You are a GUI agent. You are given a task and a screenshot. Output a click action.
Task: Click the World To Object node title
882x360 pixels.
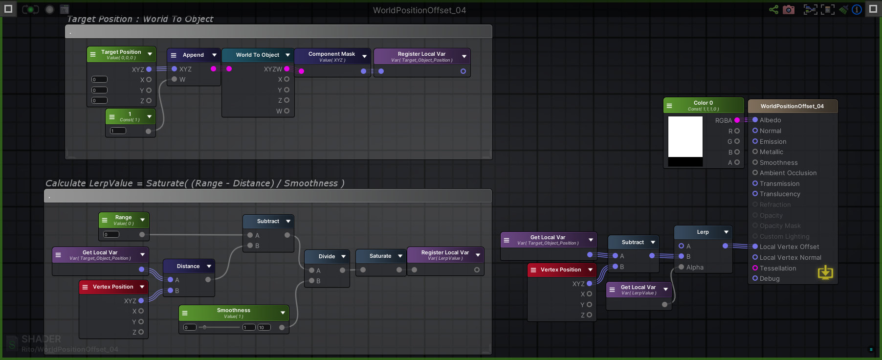257,55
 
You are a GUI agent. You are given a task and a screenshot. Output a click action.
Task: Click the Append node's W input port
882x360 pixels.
175,79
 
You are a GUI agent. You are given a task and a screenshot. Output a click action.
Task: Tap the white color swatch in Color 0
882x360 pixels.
685,136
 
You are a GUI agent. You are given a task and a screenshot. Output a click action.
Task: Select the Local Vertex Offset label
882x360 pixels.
789,247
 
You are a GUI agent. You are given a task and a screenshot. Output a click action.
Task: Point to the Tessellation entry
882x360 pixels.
777,268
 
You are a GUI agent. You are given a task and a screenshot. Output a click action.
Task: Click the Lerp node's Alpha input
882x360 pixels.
682,267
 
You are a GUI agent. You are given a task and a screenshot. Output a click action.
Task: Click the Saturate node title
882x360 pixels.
380,256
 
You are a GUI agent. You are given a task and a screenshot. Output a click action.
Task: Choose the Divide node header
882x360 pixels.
327,256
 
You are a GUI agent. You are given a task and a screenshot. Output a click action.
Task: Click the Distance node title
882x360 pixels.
188,266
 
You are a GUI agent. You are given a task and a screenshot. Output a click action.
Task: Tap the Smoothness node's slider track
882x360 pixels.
220,327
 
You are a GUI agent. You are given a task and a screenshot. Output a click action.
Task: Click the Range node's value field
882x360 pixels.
111,234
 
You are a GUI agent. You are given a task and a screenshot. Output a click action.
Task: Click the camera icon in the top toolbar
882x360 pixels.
789,9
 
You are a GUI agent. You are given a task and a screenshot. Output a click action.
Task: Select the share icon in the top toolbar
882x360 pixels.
773,9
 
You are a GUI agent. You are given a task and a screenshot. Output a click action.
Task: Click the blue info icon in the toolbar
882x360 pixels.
857,9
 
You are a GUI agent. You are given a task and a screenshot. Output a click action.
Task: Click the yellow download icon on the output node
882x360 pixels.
825,272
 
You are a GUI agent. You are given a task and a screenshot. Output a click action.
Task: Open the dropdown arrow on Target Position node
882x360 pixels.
150,54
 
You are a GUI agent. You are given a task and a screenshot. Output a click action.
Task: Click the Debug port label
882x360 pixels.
769,279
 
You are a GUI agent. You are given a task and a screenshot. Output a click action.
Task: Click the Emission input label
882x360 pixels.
772,141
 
